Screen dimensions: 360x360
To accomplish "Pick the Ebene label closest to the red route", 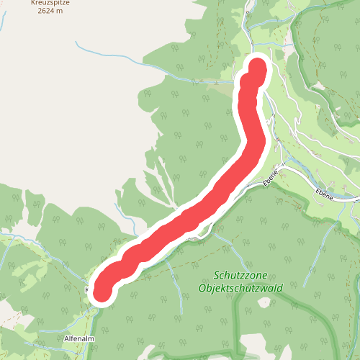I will pyautogui.click(x=271, y=179).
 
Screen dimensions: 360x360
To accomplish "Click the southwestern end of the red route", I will pyautogui.click(x=102, y=290).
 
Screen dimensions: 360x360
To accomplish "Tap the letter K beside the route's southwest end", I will pyautogui.click(x=88, y=290).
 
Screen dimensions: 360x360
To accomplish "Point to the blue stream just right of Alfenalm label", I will pyautogui.click(x=94, y=338).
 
